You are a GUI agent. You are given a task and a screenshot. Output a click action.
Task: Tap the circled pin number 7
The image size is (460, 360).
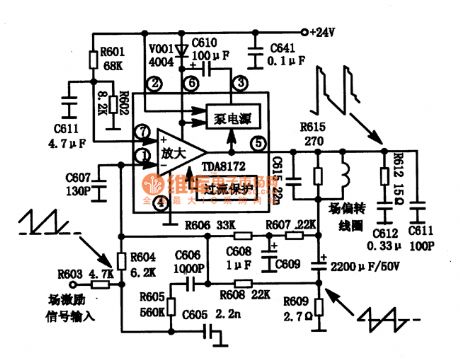coord(145,133)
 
